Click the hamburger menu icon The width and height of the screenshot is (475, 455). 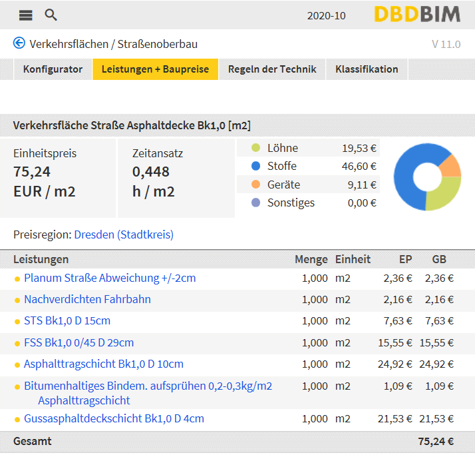click(x=25, y=15)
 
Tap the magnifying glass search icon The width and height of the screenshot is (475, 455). click(x=51, y=15)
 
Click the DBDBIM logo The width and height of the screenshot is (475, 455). click(x=417, y=14)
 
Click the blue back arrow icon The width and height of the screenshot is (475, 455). click(x=19, y=43)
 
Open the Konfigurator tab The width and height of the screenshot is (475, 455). click(x=53, y=69)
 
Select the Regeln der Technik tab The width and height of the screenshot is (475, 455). click(x=272, y=69)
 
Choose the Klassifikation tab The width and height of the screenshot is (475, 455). click(x=367, y=69)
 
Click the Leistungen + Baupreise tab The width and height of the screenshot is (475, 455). click(x=155, y=69)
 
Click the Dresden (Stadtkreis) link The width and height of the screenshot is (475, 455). click(x=124, y=234)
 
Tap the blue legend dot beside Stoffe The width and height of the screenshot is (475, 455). click(x=255, y=166)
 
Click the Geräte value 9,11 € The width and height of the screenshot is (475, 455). click(x=362, y=185)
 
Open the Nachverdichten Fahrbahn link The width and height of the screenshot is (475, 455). click(x=87, y=299)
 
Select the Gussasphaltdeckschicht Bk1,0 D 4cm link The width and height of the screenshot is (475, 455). click(x=114, y=418)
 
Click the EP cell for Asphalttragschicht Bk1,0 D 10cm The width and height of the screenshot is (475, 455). click(x=395, y=364)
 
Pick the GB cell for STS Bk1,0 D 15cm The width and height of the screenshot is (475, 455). click(x=439, y=321)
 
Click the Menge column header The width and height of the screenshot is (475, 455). click(x=311, y=259)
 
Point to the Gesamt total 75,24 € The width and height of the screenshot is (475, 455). click(x=436, y=442)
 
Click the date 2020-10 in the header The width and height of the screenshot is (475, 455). click(x=326, y=16)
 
